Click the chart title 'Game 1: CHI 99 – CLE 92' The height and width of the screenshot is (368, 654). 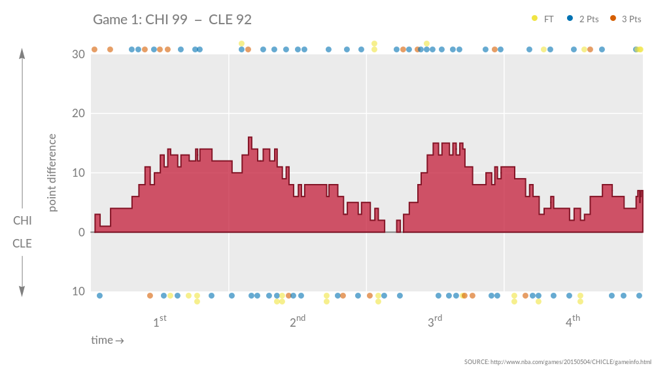tap(172, 20)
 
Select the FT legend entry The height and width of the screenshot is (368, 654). tap(543, 19)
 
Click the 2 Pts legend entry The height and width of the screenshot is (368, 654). tap(583, 19)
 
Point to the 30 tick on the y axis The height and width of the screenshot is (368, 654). tap(78, 54)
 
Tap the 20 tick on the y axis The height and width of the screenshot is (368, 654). tap(78, 114)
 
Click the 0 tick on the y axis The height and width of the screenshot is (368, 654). tap(81, 232)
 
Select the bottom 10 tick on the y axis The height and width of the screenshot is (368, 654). tap(78, 291)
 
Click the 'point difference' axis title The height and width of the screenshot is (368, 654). tap(53, 173)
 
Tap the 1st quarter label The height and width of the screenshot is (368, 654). tap(160, 322)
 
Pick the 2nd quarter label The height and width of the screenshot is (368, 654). tap(298, 322)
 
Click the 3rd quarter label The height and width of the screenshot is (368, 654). tap(435, 322)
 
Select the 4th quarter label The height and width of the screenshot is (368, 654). tap(573, 322)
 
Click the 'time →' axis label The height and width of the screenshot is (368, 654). tap(107, 340)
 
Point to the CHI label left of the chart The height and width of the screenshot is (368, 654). tap(22, 221)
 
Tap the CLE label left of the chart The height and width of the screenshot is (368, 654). tap(22, 244)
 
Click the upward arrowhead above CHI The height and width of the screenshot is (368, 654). tap(22, 54)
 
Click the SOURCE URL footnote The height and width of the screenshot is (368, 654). tap(557, 362)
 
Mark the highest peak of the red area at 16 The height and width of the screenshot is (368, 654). tap(250, 138)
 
